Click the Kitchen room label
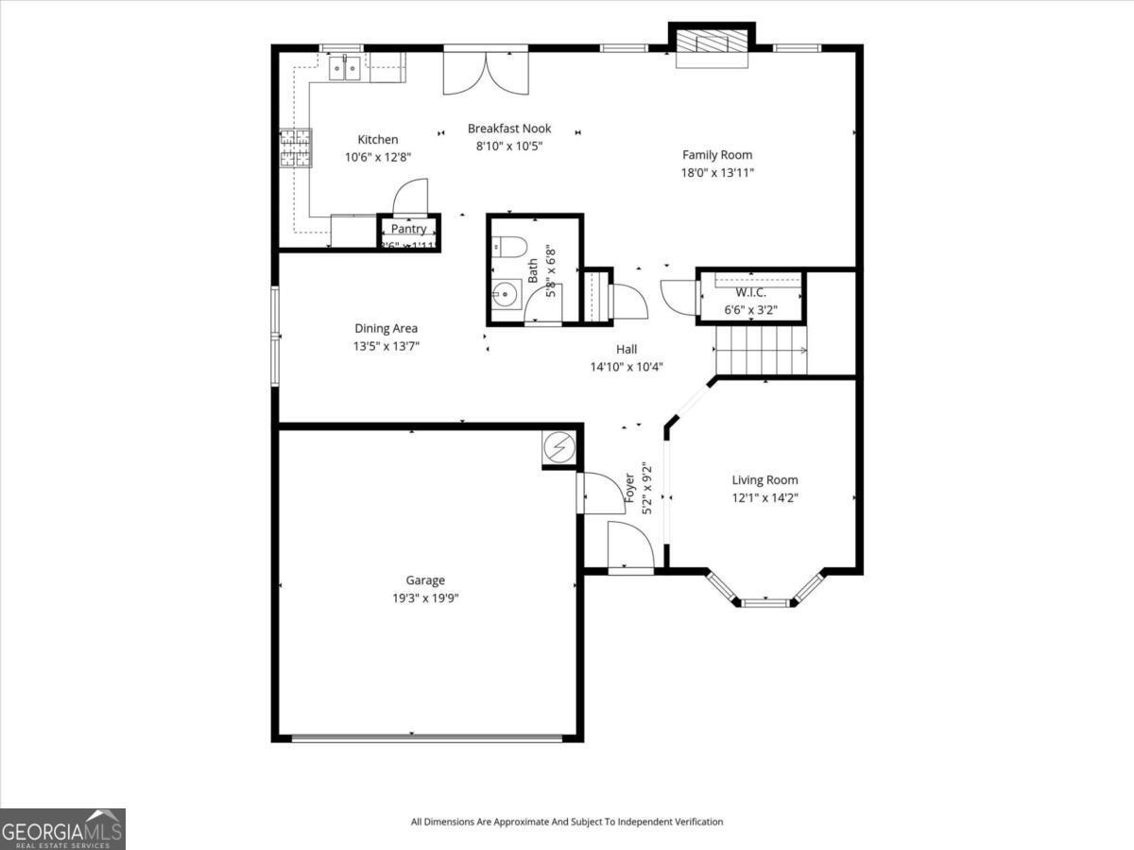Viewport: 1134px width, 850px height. [377, 140]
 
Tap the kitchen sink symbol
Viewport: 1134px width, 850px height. [343, 68]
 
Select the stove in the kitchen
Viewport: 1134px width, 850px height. [295, 148]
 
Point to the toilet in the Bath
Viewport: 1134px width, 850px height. [509, 248]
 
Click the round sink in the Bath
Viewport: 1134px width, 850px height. [507, 293]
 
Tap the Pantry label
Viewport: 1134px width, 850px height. [408, 229]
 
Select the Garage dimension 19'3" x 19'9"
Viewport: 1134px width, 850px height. [425, 598]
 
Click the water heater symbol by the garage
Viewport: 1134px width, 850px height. [559, 447]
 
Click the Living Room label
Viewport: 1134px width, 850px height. [765, 480]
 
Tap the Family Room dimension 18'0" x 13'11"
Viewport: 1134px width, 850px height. [717, 172]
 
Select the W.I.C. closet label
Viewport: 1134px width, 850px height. [752, 292]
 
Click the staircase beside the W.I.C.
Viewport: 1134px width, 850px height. [761, 350]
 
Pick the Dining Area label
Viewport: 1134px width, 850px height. [386, 329]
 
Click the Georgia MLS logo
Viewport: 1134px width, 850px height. [62, 829]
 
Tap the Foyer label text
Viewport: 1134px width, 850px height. [628, 488]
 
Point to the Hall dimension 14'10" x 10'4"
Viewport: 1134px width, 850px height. [626, 367]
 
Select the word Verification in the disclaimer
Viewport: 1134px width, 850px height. [697, 822]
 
